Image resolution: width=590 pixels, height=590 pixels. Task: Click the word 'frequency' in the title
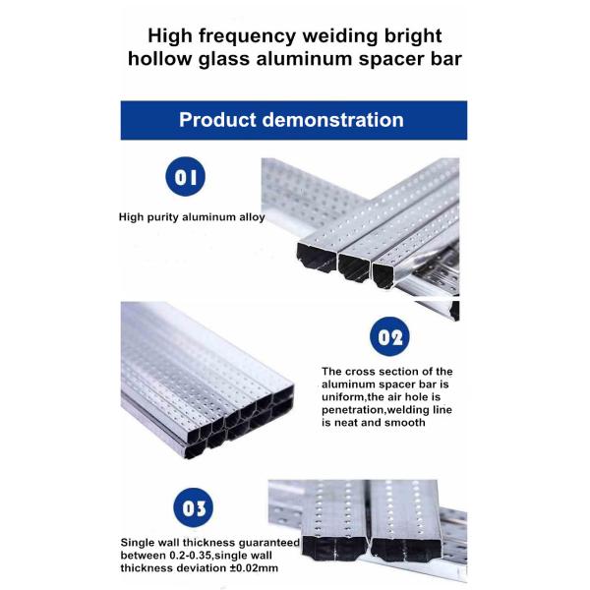click(247, 37)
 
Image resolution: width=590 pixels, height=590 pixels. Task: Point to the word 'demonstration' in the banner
click(333, 120)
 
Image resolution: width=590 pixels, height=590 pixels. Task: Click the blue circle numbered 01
click(186, 176)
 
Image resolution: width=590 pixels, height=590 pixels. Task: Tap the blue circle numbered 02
click(389, 336)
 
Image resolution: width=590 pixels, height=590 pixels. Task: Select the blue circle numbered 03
click(194, 507)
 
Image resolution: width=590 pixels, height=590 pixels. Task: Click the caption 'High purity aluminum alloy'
click(192, 217)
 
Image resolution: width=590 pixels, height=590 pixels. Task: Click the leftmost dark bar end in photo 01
click(317, 257)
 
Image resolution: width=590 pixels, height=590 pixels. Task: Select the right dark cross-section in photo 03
click(405, 550)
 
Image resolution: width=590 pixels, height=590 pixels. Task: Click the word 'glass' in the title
click(224, 60)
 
